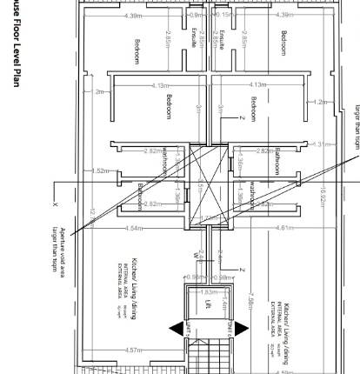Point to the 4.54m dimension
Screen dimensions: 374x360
pos(134,229)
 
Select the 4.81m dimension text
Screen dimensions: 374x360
pos(283,228)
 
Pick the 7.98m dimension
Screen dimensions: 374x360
pos(251,300)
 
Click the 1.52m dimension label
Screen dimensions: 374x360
pos(100,170)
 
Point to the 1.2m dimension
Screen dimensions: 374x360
pos(321,102)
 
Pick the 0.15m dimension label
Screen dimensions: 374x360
pos(223,15)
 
